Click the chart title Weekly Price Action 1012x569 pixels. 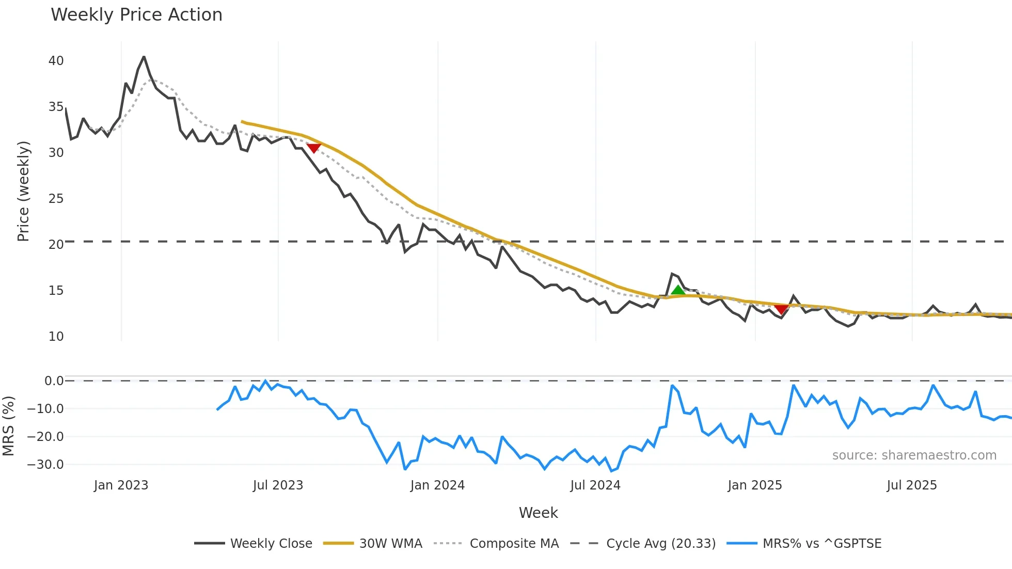pos(136,15)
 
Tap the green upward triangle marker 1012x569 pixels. pos(678,290)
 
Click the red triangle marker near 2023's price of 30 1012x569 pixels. pos(314,148)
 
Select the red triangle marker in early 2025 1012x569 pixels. pos(782,309)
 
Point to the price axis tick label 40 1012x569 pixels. pos(56,61)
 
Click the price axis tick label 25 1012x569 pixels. pos(56,199)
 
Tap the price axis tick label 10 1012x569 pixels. pos(56,337)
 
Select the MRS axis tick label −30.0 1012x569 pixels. pos(45,465)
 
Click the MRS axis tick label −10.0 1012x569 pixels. pos(45,409)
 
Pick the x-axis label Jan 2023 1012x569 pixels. pos(121,485)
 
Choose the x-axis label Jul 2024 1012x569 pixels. pos(595,485)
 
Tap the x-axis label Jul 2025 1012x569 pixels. pos(912,485)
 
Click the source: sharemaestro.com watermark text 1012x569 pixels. pos(914,455)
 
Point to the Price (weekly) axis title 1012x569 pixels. pos(23,191)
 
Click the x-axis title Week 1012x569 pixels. pos(538,513)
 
